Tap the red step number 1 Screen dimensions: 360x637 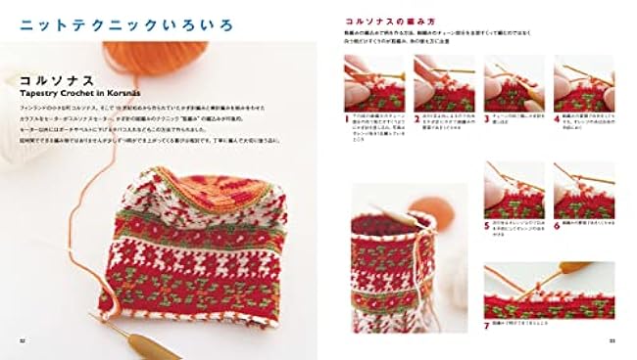tap(347, 116)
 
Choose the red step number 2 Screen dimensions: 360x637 tap(416, 116)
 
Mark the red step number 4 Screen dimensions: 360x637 tap(556, 116)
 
